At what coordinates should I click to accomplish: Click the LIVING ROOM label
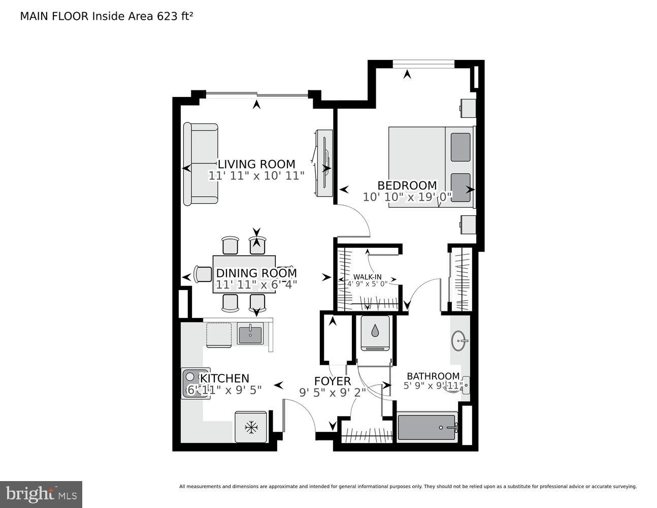(256, 164)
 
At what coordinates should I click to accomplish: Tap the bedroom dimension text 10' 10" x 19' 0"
(407, 197)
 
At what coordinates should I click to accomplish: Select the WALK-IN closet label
(367, 277)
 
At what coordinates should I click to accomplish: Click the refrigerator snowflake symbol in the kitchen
(251, 427)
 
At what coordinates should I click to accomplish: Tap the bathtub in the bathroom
(426, 427)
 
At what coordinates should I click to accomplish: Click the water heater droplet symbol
(375, 331)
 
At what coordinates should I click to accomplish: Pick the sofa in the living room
(201, 164)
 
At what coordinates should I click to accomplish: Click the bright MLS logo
(41, 494)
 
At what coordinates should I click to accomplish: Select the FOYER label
(332, 381)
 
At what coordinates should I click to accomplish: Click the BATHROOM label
(433, 376)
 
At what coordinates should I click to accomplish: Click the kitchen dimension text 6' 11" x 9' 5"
(224, 390)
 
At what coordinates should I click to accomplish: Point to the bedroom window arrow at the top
(407, 75)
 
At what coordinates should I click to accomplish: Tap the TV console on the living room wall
(323, 163)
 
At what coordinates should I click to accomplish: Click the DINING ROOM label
(256, 273)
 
